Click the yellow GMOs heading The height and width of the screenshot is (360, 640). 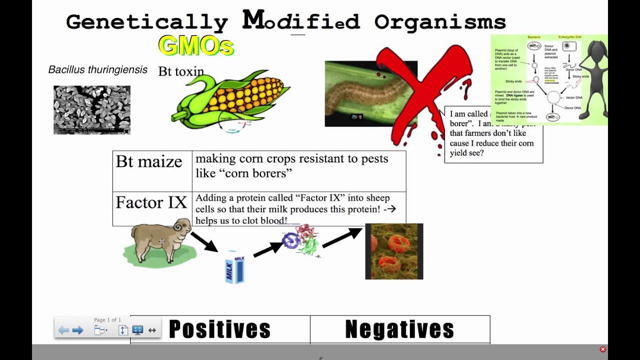pyautogui.click(x=196, y=46)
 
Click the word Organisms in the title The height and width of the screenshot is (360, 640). pyautogui.click(x=440, y=22)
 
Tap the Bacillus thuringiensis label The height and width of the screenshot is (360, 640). pyautogui.click(x=98, y=69)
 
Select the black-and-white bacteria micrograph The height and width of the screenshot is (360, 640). pyautogui.click(x=92, y=110)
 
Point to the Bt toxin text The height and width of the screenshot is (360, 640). pyautogui.click(x=181, y=71)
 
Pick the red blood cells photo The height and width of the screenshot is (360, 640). pyautogui.click(x=394, y=251)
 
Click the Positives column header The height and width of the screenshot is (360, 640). pyautogui.click(x=219, y=329)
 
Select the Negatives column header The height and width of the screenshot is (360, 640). pyautogui.click(x=399, y=329)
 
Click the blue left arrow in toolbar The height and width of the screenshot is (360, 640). pyautogui.click(x=63, y=330)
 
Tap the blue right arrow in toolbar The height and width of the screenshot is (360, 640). pyautogui.click(x=77, y=330)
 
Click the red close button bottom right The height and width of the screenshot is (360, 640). pyautogui.click(x=602, y=349)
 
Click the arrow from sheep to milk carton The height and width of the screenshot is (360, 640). pyautogui.click(x=204, y=242)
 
